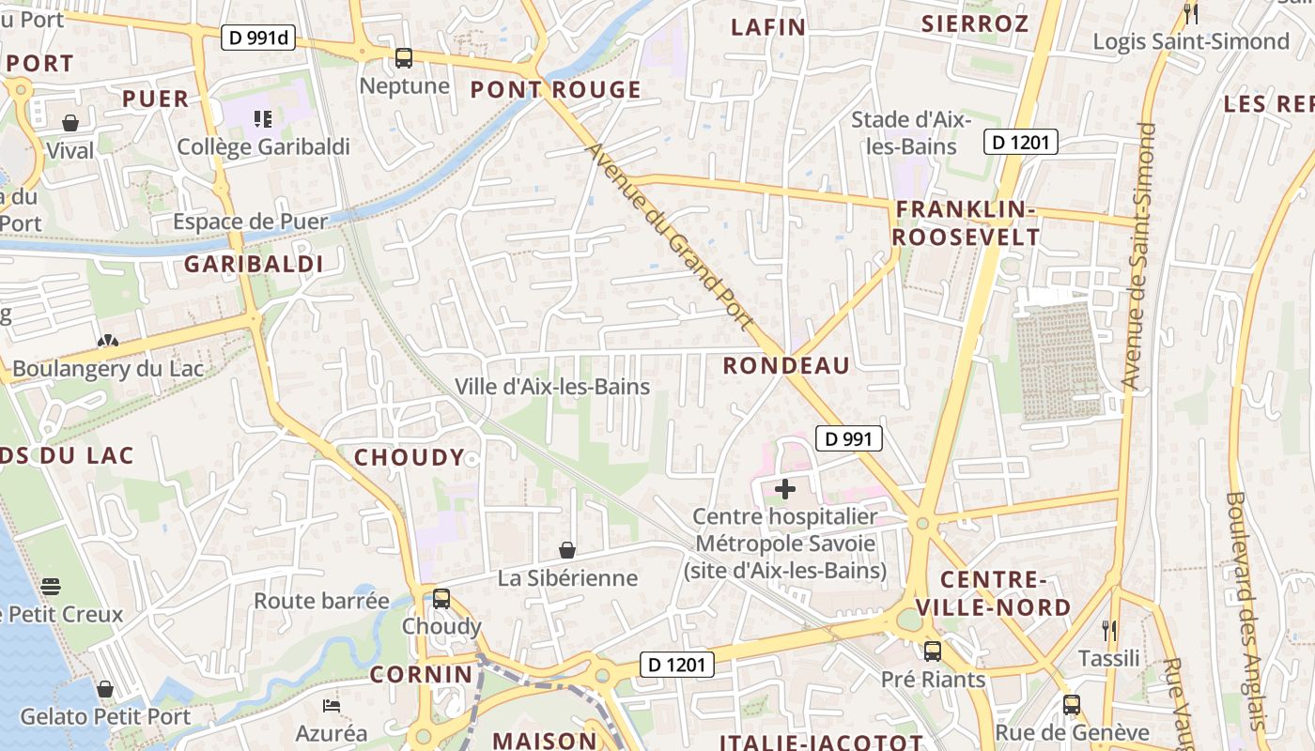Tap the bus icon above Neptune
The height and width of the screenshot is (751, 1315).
[x=404, y=58]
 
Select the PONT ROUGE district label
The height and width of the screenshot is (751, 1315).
[x=556, y=90]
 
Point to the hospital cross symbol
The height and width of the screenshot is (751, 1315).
[x=785, y=489]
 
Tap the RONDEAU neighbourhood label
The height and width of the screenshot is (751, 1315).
[x=786, y=366]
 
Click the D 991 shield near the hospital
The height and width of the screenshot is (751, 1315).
[x=849, y=438]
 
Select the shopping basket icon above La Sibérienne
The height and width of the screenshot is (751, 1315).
[x=567, y=550]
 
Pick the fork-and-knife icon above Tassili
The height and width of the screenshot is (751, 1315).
[x=1109, y=630]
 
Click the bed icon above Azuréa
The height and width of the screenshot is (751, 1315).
[x=331, y=705]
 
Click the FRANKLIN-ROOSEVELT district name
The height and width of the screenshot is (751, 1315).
[x=966, y=223]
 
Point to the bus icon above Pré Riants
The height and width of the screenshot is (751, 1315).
[x=933, y=651]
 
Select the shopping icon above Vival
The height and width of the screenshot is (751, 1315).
[x=70, y=123]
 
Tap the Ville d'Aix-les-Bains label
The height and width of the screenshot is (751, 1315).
[x=552, y=387]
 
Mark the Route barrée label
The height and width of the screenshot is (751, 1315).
[x=321, y=601]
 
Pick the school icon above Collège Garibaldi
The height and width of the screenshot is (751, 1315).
[x=263, y=119]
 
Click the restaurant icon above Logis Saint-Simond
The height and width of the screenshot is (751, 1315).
[x=1191, y=13]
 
